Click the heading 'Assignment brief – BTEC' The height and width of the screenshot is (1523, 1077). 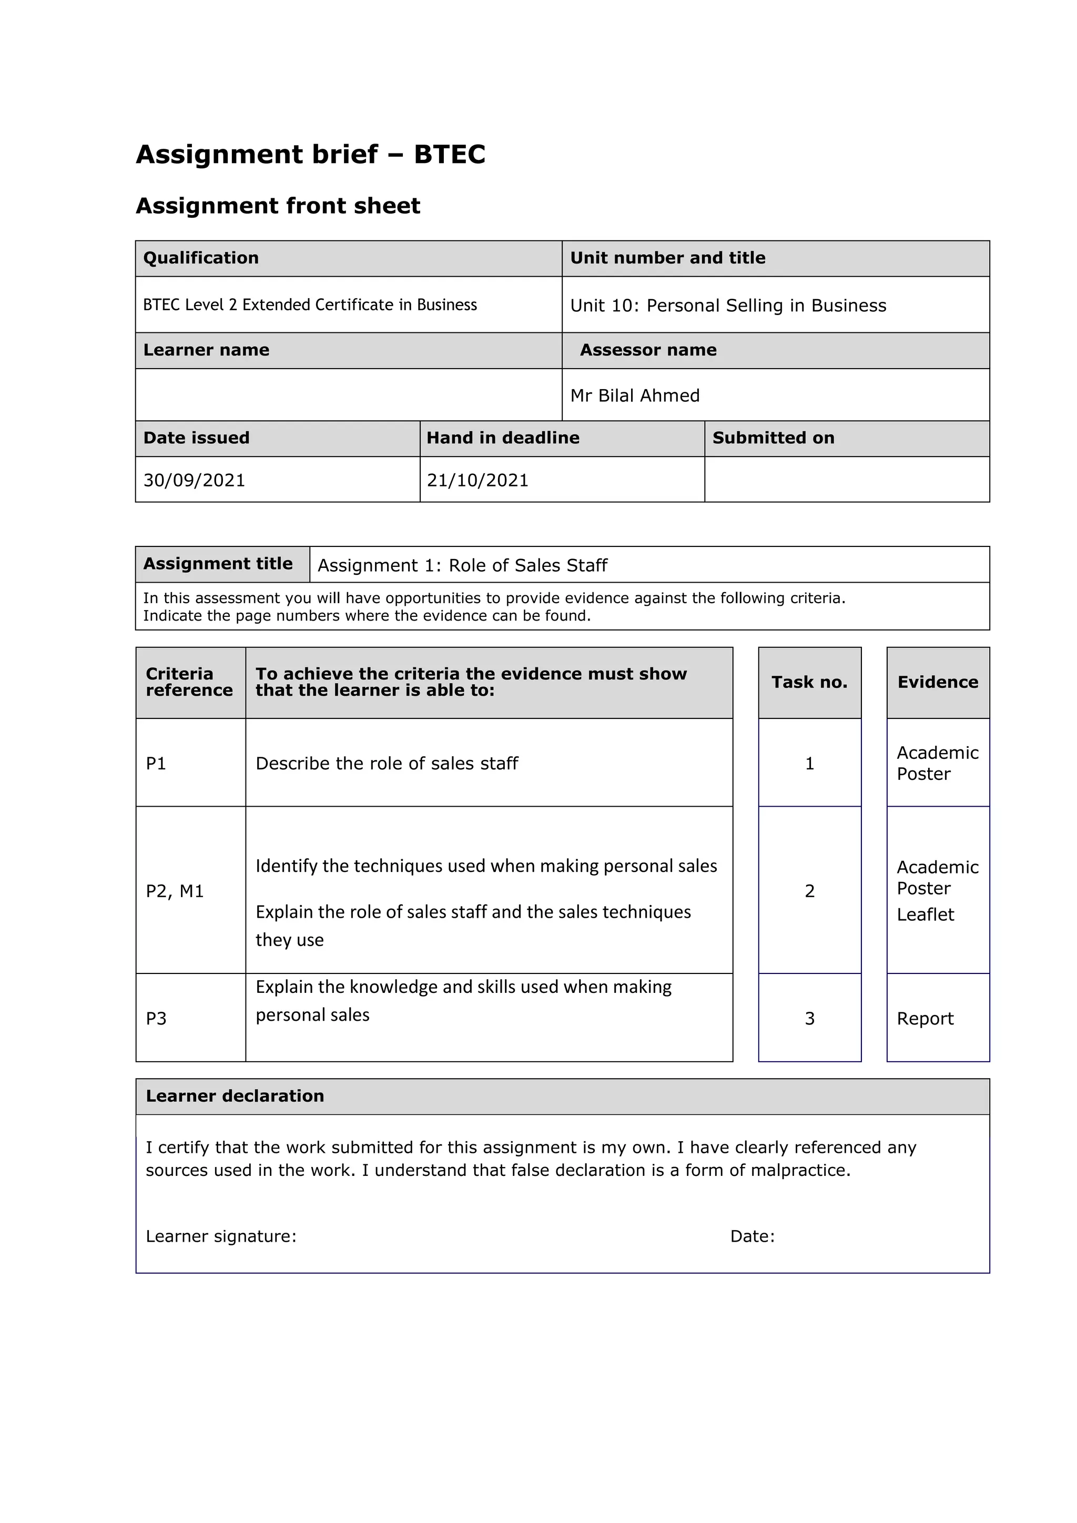click(x=310, y=155)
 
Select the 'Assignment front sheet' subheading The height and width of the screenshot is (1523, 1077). click(x=278, y=206)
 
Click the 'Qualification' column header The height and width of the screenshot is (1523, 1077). click(x=201, y=258)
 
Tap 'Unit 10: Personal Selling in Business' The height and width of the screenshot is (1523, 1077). click(x=727, y=305)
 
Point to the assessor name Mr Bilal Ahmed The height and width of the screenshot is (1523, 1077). click(x=635, y=395)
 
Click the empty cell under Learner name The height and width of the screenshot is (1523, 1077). click(x=348, y=394)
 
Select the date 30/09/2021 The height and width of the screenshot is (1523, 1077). click(x=194, y=480)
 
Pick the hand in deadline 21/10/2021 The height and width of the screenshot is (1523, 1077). click(x=477, y=480)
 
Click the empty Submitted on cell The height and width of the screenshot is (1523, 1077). click(x=846, y=480)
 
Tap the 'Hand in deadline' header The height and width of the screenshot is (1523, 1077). click(x=503, y=438)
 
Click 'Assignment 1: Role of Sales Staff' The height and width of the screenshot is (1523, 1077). click(x=462, y=565)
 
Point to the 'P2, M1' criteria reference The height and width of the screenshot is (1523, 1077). click(x=175, y=891)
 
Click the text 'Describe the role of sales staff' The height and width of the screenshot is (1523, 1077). click(x=387, y=764)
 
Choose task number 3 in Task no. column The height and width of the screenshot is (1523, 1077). click(x=809, y=1018)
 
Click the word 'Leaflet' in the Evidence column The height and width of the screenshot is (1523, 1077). click(x=925, y=915)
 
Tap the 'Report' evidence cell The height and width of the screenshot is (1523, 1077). click(x=925, y=1018)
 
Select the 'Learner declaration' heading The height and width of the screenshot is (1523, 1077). click(x=235, y=1096)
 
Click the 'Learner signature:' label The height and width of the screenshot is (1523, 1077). click(x=221, y=1236)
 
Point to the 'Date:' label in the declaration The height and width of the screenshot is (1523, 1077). click(x=752, y=1236)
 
